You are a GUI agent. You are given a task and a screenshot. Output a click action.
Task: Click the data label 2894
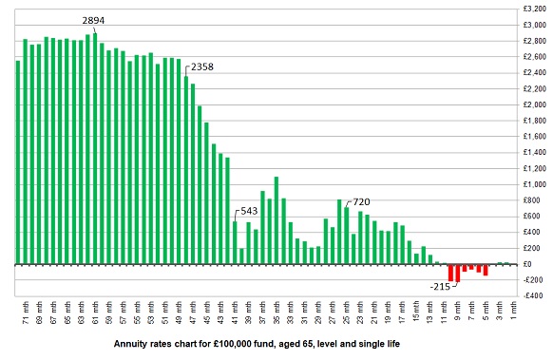point(95,20)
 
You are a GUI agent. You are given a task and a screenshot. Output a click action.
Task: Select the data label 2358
point(202,67)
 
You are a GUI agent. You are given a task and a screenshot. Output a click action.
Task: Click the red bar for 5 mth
point(486,270)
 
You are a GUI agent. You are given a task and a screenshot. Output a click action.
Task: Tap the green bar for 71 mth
point(17,162)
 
